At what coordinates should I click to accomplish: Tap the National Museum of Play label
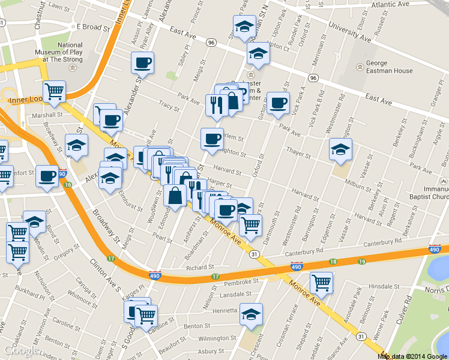[x=70, y=52]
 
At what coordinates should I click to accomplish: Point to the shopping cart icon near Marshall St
[x=55, y=92]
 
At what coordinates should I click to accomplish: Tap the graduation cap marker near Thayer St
[x=340, y=149]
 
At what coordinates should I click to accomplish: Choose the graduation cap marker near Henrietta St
[x=251, y=314]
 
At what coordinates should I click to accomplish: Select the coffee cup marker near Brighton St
[x=212, y=139]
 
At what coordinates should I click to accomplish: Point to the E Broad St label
[x=90, y=27]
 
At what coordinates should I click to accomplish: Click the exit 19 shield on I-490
[x=361, y=262]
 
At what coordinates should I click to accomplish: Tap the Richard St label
[x=199, y=268]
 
